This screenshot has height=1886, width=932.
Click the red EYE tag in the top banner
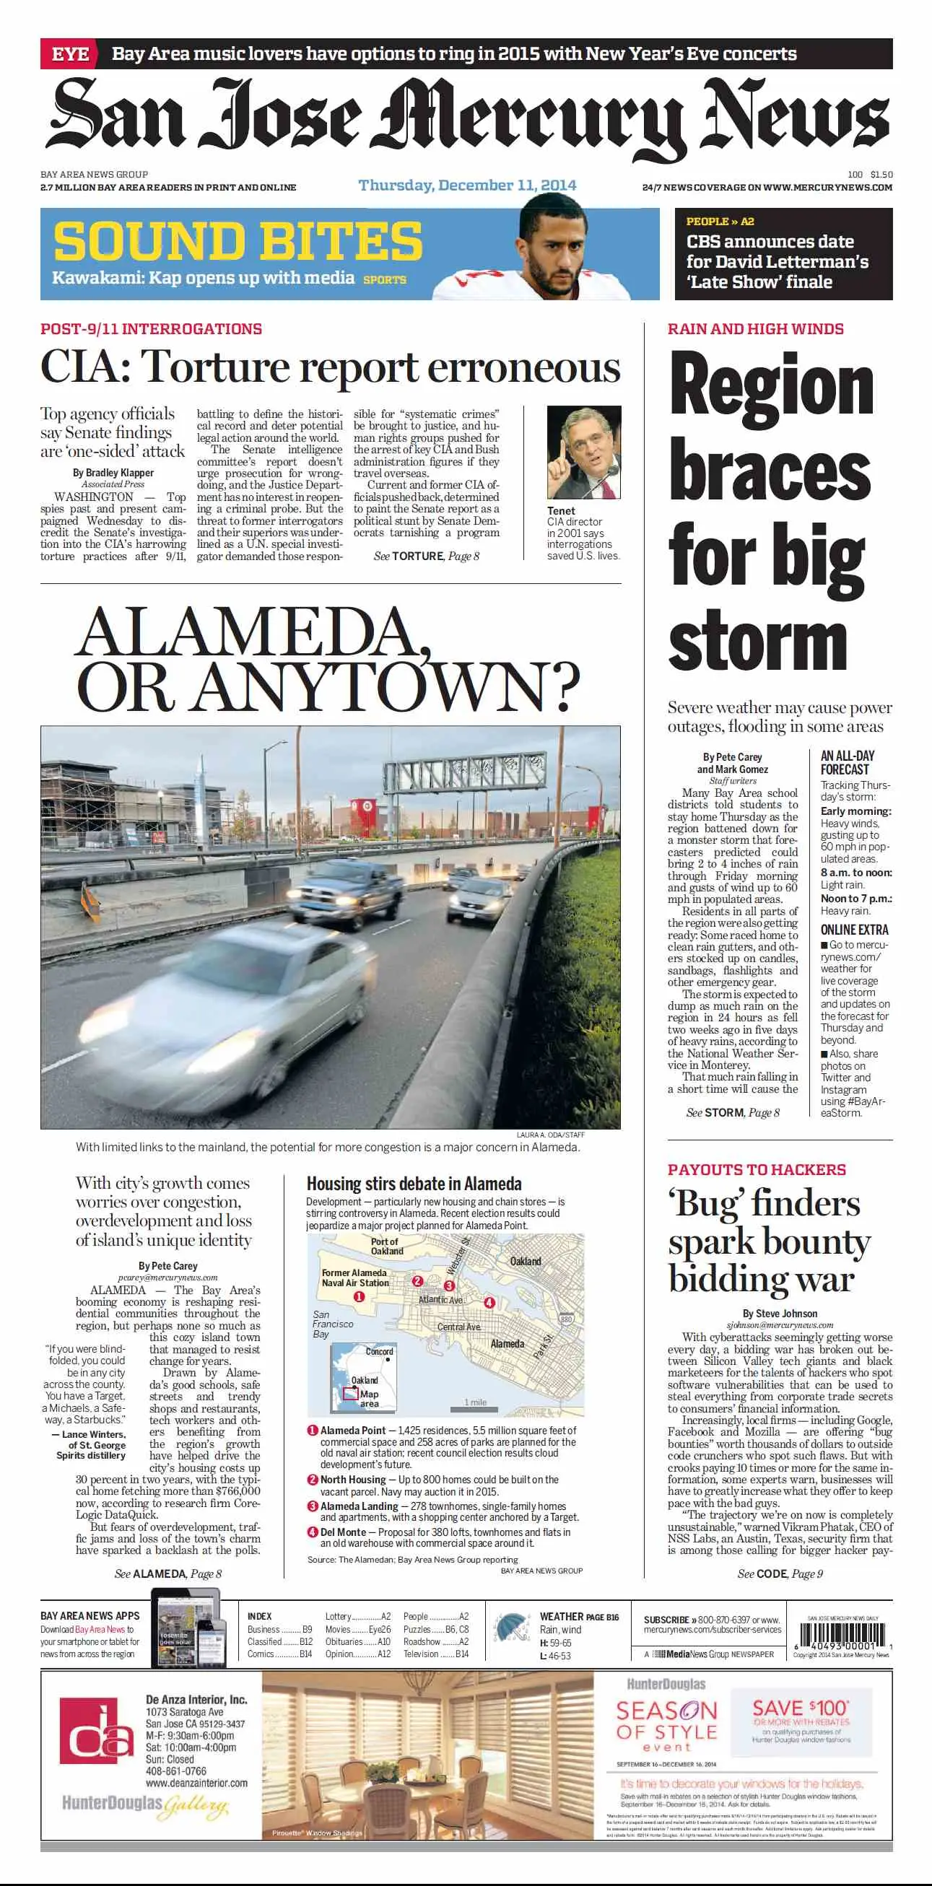tap(70, 54)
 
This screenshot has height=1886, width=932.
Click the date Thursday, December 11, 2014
tap(467, 185)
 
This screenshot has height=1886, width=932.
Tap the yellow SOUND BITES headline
tap(238, 241)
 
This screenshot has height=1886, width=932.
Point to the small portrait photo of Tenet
tap(583, 453)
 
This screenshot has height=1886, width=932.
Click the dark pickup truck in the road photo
tap(339, 897)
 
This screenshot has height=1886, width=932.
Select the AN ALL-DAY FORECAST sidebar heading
tap(847, 762)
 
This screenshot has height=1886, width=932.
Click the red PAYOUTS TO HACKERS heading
tap(757, 1169)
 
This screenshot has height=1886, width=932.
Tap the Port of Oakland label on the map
tap(386, 1246)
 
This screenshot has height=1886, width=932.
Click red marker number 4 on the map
tap(489, 1303)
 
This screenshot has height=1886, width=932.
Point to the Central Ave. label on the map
tap(459, 1327)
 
